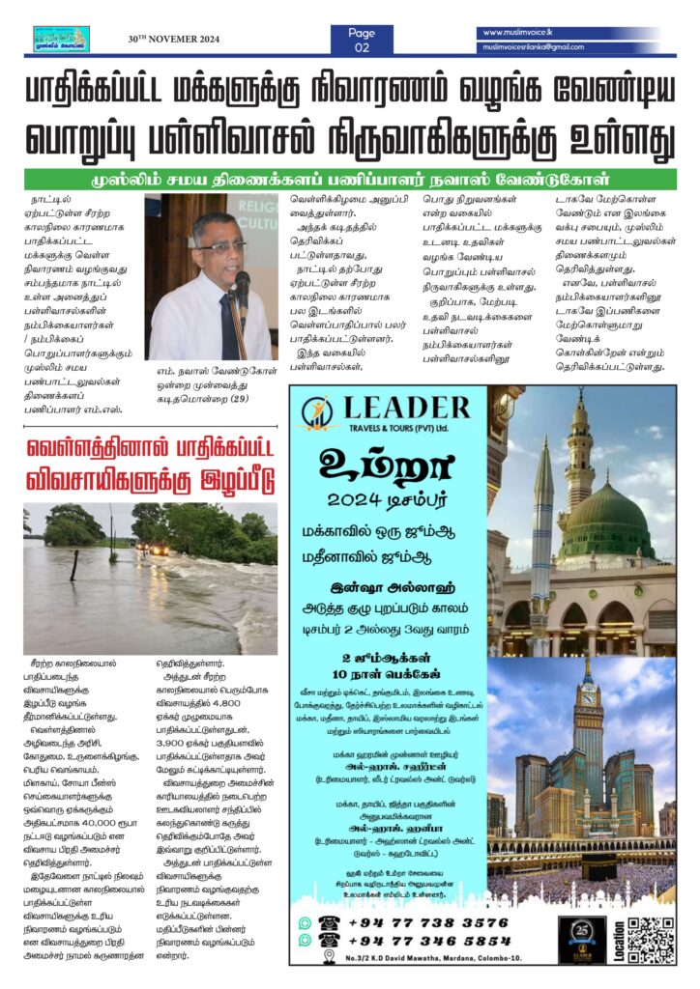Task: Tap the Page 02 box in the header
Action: click(363, 40)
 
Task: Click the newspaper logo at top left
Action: click(60, 40)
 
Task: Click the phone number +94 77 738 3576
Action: click(426, 922)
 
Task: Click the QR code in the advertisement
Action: click(650, 938)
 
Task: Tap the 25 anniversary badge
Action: click(583, 936)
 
